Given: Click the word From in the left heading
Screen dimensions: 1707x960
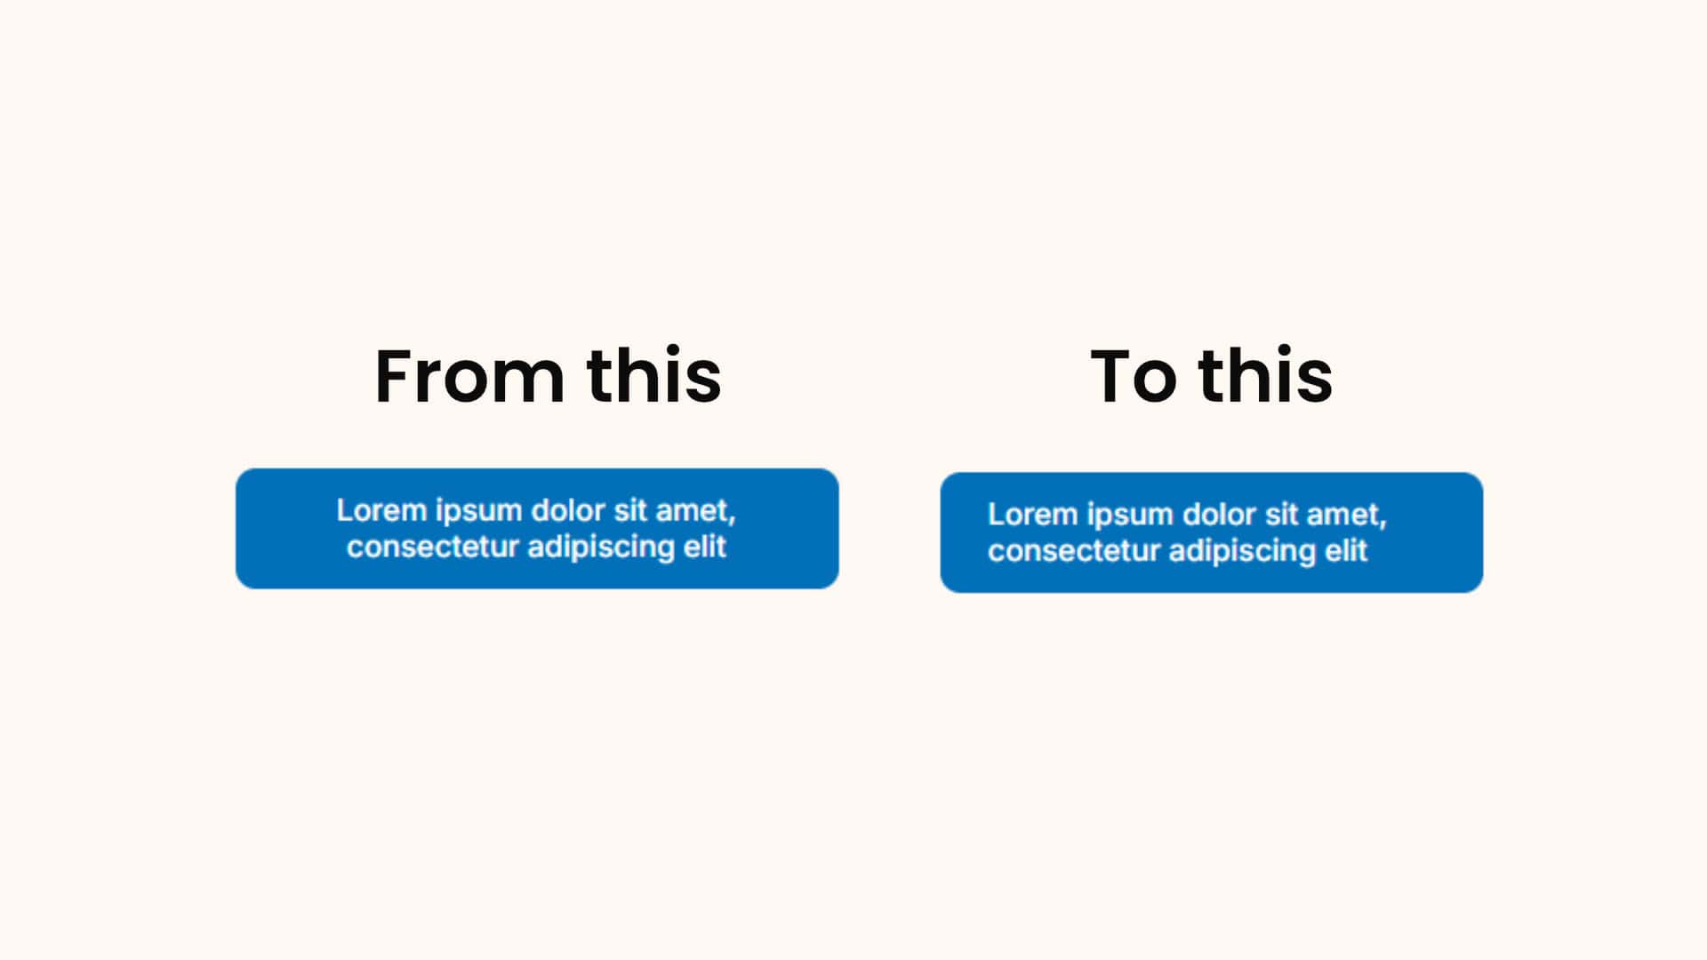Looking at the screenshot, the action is (x=469, y=376).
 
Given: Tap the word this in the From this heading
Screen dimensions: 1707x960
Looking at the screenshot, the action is (x=653, y=375).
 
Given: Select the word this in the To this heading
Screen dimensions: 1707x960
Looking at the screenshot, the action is (x=1265, y=375).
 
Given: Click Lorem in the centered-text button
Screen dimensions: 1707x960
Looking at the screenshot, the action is (x=381, y=510).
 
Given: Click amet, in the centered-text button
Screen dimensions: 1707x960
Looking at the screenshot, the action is (x=695, y=512).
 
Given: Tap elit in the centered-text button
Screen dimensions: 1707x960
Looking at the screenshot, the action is (x=705, y=546).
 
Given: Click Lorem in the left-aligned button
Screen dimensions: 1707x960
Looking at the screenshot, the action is (x=1033, y=515).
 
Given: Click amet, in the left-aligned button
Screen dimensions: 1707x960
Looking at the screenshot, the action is (x=1347, y=516).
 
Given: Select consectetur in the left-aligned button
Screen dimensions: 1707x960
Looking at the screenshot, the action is (x=1074, y=551).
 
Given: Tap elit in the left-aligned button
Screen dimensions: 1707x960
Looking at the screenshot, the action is (x=1346, y=550).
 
